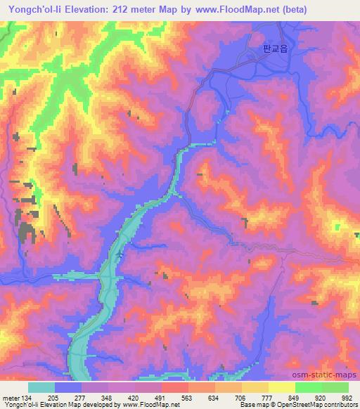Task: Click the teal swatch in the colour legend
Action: tap(41, 387)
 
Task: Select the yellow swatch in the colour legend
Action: tap(282, 387)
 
